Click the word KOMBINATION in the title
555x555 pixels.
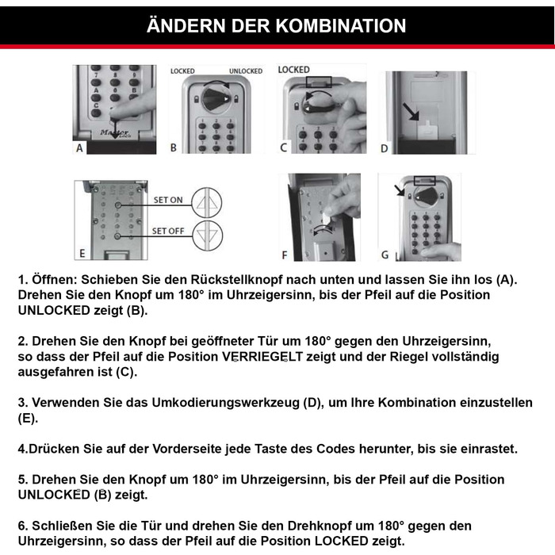click(342, 25)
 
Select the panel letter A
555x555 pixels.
click(79, 147)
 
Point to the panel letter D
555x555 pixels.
click(385, 147)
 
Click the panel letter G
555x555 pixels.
click(385, 255)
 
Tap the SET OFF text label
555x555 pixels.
click(168, 232)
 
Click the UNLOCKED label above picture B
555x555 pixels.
click(246, 71)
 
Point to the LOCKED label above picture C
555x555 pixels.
click(293, 70)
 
